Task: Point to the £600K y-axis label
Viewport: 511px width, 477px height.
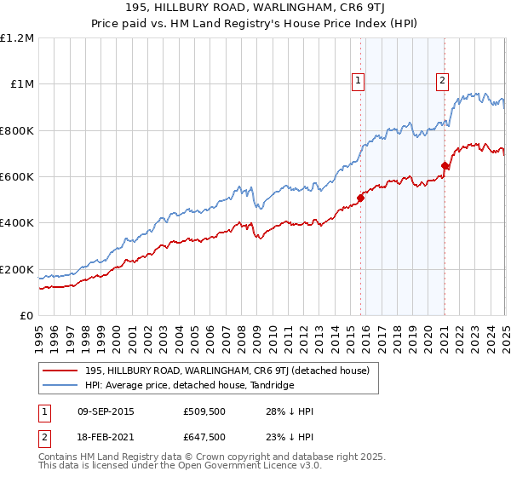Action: [18, 177]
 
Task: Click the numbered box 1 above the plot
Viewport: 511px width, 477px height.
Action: [358, 82]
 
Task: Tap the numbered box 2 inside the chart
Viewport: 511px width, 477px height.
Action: [443, 82]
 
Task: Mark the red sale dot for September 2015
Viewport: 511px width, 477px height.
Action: [360, 198]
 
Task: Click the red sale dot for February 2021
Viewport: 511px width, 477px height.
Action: [445, 165]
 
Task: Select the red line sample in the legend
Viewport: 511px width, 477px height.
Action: [60, 371]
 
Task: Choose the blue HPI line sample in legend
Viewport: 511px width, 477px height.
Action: [60, 386]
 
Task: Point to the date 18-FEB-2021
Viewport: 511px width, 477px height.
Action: [102, 436]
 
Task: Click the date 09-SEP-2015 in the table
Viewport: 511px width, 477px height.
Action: [102, 412]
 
